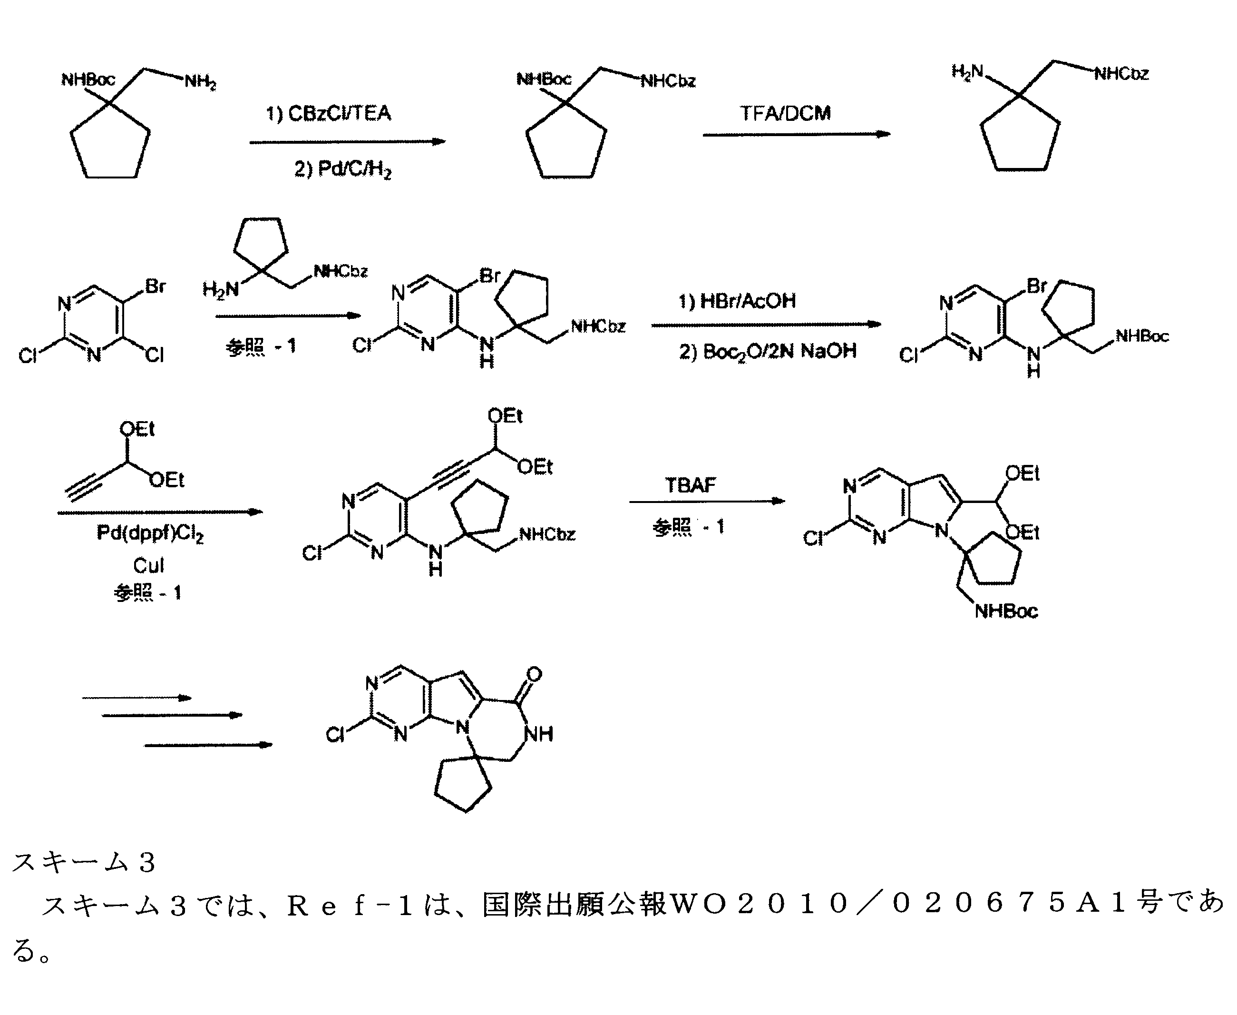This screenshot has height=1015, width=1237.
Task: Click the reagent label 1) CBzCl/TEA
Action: pyautogui.click(x=328, y=113)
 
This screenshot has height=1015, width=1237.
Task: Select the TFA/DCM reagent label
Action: pyautogui.click(x=785, y=113)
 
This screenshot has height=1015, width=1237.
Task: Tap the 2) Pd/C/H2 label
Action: pyautogui.click(x=342, y=169)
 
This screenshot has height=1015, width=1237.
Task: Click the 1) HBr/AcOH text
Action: pyautogui.click(x=737, y=301)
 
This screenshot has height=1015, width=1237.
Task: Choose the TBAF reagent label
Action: pyautogui.click(x=690, y=485)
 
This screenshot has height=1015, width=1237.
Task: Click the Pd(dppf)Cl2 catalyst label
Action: pyautogui.click(x=150, y=534)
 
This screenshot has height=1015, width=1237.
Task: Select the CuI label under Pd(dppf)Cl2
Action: pyautogui.click(x=148, y=565)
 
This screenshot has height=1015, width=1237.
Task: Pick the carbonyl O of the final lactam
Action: pyautogui.click(x=534, y=675)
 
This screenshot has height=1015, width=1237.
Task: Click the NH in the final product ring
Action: pyautogui.click(x=538, y=734)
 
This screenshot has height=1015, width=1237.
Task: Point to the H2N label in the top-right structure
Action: pyautogui.click(x=967, y=72)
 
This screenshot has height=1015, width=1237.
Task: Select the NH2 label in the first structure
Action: pyautogui.click(x=200, y=81)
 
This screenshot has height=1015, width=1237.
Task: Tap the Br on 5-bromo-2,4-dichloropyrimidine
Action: pyautogui.click(x=156, y=286)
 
